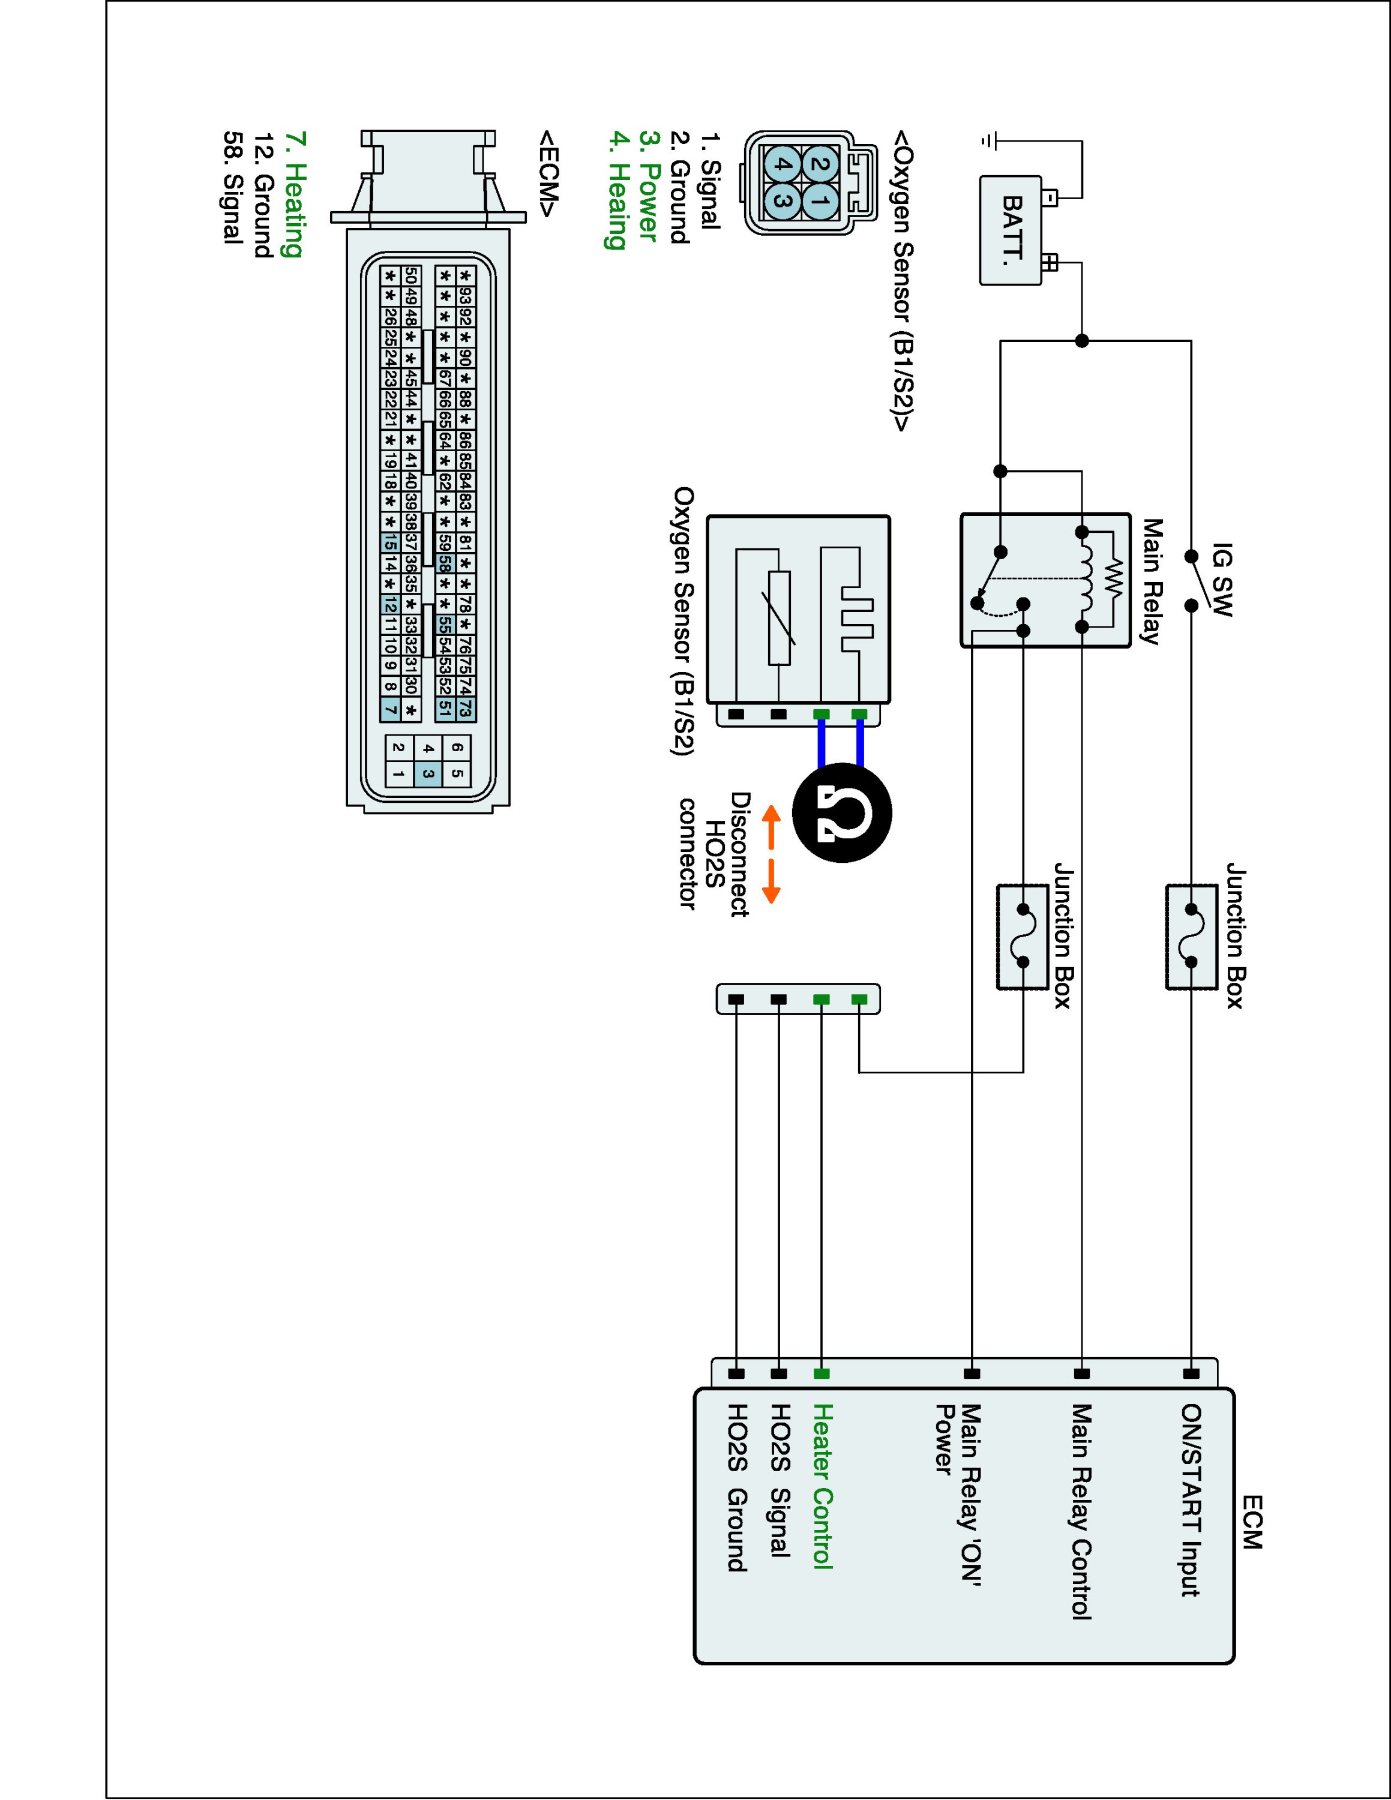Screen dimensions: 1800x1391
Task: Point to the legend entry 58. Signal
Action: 233,187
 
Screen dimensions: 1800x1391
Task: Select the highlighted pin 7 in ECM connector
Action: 391,709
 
